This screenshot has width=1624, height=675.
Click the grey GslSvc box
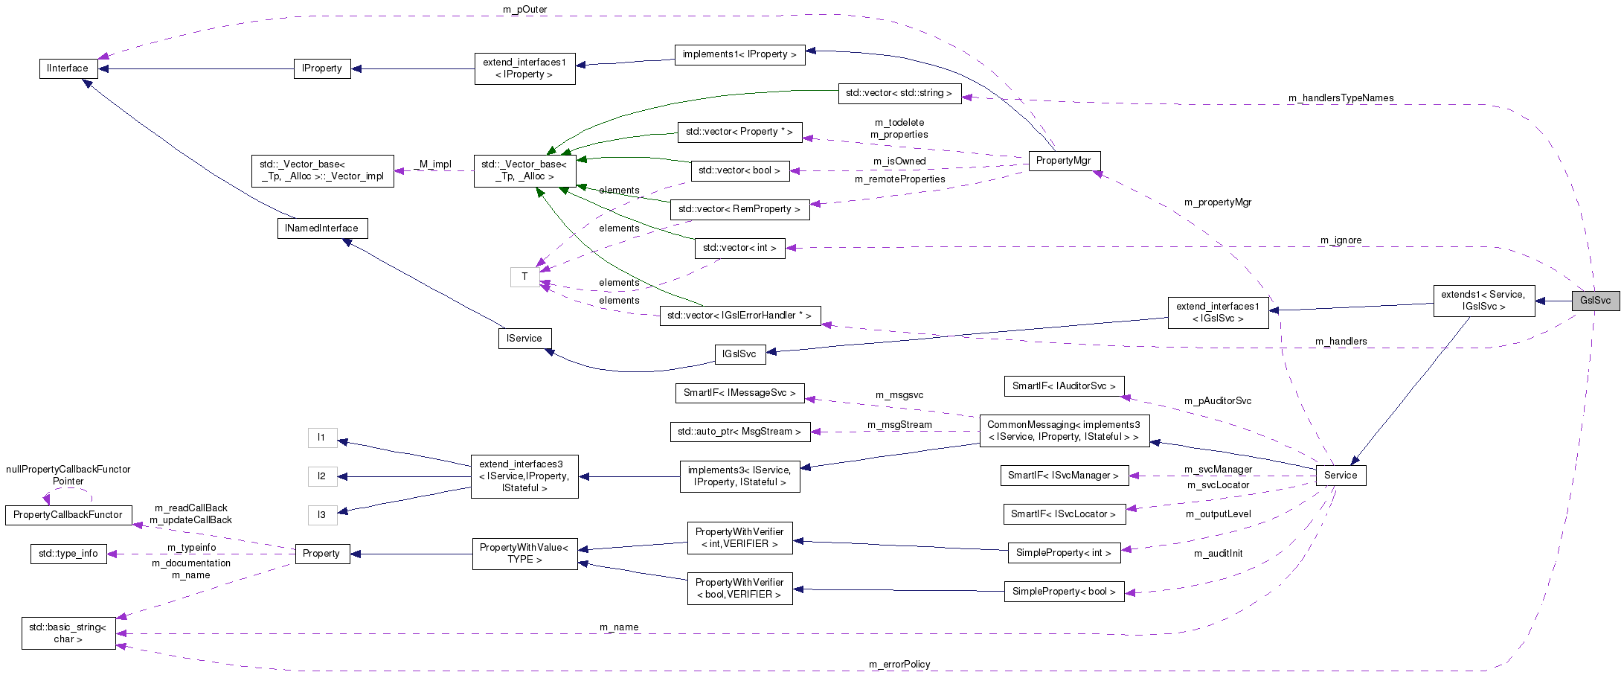coord(1595,301)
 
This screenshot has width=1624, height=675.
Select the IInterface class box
coord(68,68)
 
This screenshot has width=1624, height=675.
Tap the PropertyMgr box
coord(1063,161)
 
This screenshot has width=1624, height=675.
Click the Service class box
coord(1340,476)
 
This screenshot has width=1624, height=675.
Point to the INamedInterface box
coord(321,228)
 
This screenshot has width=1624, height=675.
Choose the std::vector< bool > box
coord(739,170)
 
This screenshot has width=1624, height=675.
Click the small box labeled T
coord(524,277)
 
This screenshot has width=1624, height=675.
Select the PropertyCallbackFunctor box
coord(68,515)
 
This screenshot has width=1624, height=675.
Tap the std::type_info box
coord(68,554)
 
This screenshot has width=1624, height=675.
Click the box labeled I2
coord(321,476)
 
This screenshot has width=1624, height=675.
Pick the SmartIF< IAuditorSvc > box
coord(1063,386)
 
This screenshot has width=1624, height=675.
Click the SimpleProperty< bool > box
coord(1063,592)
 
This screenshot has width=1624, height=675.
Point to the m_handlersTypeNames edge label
coord(1341,98)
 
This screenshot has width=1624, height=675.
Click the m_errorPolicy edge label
coord(899,665)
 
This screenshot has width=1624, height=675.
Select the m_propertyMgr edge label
coord(1217,202)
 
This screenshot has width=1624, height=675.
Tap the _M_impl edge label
coord(434,164)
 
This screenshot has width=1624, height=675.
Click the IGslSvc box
coord(739,354)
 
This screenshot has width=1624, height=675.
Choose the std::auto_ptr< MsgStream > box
coord(739,432)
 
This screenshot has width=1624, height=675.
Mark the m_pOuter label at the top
coord(524,10)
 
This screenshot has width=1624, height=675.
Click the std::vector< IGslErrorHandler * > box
coord(739,316)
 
